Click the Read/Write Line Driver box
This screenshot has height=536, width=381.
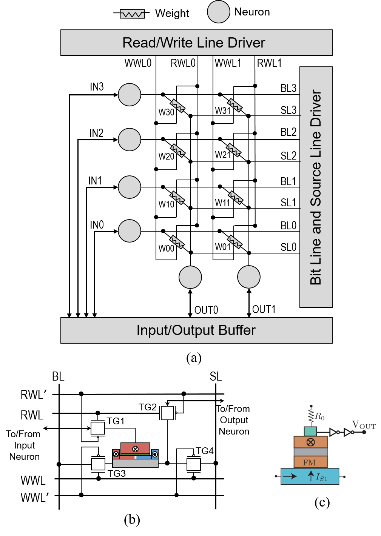pyautogui.click(x=196, y=43)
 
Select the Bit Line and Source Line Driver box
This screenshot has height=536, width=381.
pyautogui.click(x=316, y=187)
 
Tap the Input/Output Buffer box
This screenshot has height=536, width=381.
pyautogui.click(x=196, y=330)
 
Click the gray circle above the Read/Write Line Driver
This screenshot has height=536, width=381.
pyautogui.click(x=219, y=12)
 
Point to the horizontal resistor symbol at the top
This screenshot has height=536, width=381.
pyautogui.click(x=132, y=14)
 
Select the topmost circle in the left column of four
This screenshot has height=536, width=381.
pyautogui.click(x=130, y=95)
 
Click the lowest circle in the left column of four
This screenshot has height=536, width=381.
pyautogui.click(x=130, y=231)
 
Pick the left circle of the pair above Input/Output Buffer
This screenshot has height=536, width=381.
pyautogui.click(x=190, y=277)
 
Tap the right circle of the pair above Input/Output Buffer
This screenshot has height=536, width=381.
pyautogui.click(x=249, y=277)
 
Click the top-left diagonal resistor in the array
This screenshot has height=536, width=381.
pyautogui.click(x=177, y=106)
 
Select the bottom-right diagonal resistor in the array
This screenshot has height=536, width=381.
pyautogui.click(x=235, y=242)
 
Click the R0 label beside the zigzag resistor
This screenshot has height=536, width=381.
pyautogui.click(x=320, y=416)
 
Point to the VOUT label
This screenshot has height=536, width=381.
pyautogui.click(x=364, y=425)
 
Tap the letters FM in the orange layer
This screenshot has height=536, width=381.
pyautogui.click(x=309, y=462)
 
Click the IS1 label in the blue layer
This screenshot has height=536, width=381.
pyautogui.click(x=321, y=478)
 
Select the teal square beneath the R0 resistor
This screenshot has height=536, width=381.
pyautogui.click(x=310, y=431)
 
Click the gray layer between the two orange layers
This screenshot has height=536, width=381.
pyautogui.click(x=310, y=452)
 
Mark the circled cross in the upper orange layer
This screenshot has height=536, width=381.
pyautogui.click(x=311, y=442)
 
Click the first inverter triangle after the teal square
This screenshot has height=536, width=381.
pyautogui.click(x=333, y=432)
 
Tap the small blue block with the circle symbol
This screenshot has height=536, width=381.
pyautogui.click(x=155, y=454)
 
